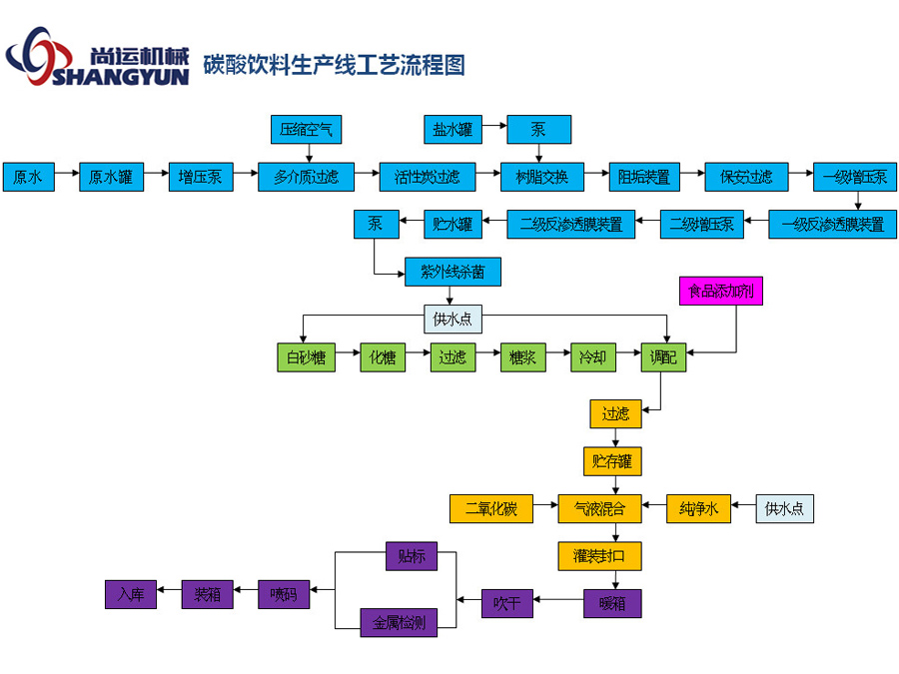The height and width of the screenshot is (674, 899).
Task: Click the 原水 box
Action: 28,178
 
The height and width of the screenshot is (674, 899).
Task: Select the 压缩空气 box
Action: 307,129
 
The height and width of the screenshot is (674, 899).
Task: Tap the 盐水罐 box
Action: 452,129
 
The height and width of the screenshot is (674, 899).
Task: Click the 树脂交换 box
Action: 540,178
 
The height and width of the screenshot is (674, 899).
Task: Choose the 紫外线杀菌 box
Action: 451,272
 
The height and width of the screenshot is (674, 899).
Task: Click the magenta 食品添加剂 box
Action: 720,292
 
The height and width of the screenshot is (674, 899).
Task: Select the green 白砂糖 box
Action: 306,357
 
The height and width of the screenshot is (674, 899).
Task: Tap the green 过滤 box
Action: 452,357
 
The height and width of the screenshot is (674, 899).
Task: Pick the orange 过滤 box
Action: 615,413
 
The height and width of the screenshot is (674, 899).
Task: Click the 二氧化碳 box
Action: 490,508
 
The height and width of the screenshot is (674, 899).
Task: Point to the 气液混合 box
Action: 599,508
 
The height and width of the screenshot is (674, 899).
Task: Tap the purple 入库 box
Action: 131,594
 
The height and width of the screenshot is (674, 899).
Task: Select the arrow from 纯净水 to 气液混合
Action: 653,508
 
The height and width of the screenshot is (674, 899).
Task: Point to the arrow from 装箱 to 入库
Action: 169,594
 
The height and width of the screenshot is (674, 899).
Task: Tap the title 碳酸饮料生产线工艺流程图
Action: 334,67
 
